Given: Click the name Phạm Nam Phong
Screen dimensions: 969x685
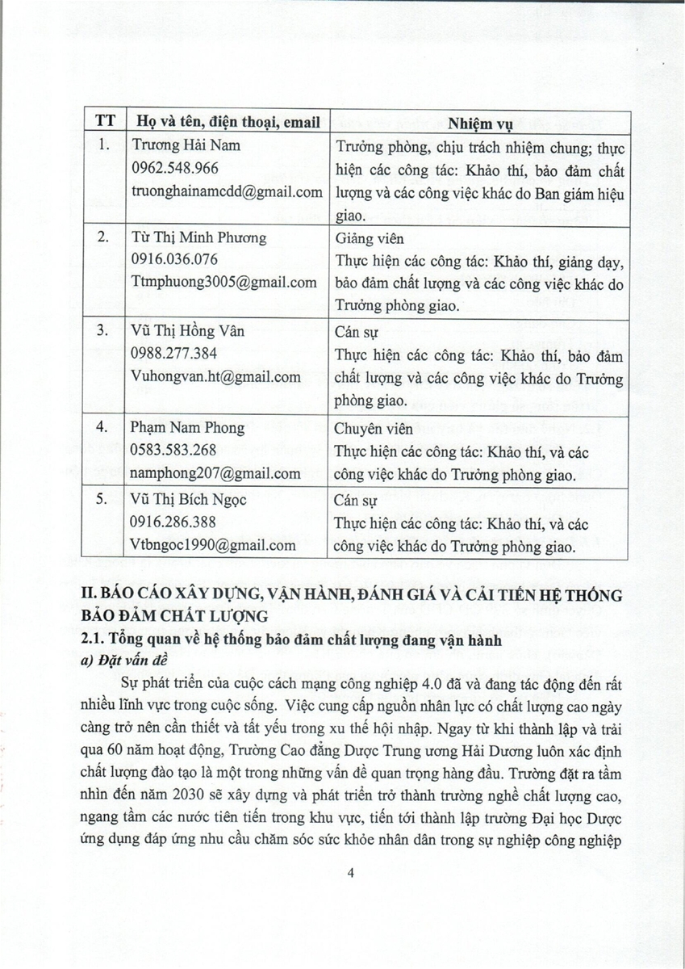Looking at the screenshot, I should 186,427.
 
